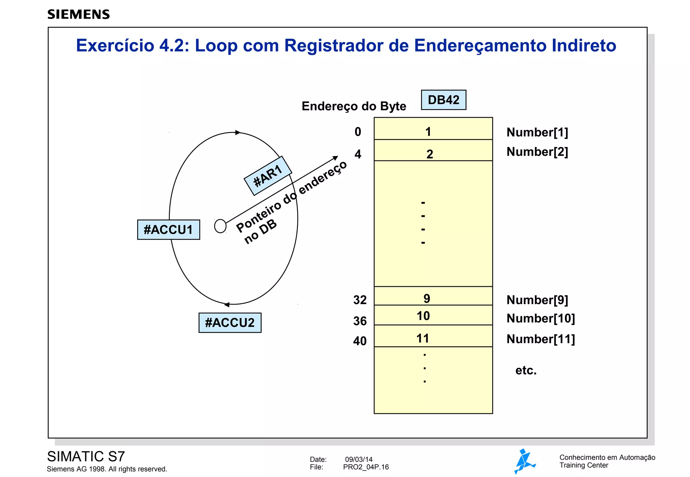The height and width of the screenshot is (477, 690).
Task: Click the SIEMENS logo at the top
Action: coord(79,14)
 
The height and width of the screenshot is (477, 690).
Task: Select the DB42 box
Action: coord(443,100)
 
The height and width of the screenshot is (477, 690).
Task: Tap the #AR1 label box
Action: coord(268,176)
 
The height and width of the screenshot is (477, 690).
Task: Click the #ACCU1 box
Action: coord(168,230)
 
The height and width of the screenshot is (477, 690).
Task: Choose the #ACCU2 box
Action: coord(230,323)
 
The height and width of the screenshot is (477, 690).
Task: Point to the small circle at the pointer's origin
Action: coord(220,226)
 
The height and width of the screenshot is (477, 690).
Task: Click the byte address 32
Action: coord(360,300)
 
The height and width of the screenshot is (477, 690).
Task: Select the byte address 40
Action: coord(360,341)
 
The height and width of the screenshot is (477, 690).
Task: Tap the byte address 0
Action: coord(358,132)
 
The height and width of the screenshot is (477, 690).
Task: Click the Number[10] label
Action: coord(541,318)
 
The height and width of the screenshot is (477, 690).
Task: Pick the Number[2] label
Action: coord(537,152)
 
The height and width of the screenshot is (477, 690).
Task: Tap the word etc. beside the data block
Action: coord(526,370)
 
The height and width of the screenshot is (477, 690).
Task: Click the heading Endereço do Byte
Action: coord(354,106)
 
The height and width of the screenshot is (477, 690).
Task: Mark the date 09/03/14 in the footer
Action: coord(359,460)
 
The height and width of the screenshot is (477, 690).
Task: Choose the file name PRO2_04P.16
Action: coord(366,467)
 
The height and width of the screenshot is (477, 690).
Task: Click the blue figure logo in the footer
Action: coord(524,461)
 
